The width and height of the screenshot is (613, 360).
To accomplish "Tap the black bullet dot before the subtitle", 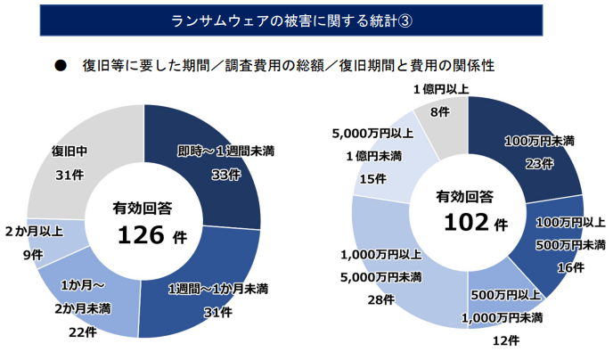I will coord(60,65).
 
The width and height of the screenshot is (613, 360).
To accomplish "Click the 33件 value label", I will coord(225,175).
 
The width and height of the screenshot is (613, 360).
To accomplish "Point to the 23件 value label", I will coord(539,163).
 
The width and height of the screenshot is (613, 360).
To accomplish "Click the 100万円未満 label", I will coord(539,141).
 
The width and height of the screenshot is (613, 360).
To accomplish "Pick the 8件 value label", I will coord(440,113).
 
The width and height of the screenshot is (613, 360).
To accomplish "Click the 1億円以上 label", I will coord(441,89).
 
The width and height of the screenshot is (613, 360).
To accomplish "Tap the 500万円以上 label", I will coord(505,294).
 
